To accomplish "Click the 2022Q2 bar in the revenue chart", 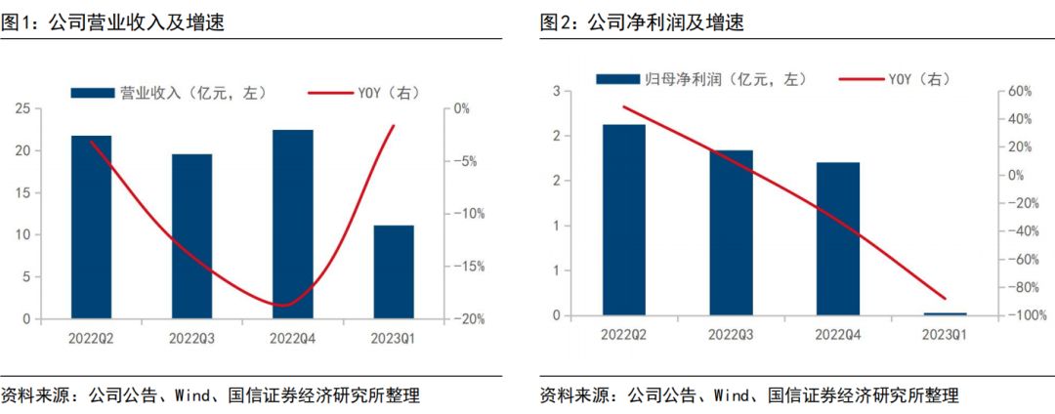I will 91,227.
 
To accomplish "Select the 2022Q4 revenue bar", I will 293,224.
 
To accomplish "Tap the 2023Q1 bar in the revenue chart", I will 393,271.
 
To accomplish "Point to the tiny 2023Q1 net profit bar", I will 945,313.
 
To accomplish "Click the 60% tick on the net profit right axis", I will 1020,92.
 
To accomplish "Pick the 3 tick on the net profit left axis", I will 555,92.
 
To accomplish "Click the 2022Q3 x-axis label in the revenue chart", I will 192,338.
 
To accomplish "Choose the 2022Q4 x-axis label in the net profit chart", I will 837,335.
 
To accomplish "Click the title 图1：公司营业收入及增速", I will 112,22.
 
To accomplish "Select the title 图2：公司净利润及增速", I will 642,22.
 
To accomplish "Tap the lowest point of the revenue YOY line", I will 282,306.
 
